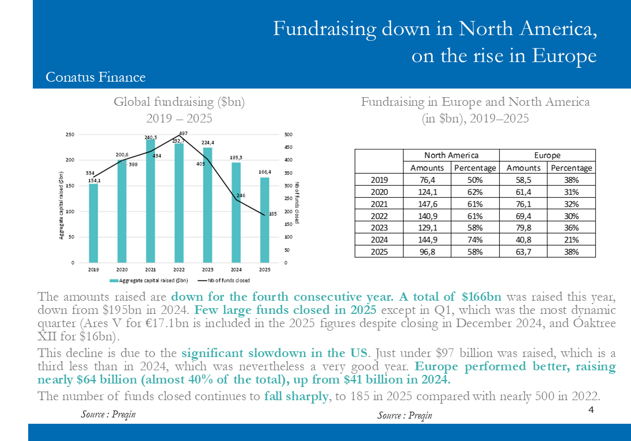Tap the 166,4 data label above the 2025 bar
(x=264, y=171)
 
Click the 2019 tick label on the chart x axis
(x=93, y=269)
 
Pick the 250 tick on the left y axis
(x=70, y=135)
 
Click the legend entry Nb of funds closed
(x=226, y=281)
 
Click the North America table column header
(x=451, y=155)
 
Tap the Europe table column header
(x=547, y=155)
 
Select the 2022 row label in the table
(x=379, y=216)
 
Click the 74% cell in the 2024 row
(x=475, y=240)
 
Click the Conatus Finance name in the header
(x=96, y=77)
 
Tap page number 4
(x=591, y=410)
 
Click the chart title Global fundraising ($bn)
(x=179, y=102)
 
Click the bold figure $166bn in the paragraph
(x=481, y=297)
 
